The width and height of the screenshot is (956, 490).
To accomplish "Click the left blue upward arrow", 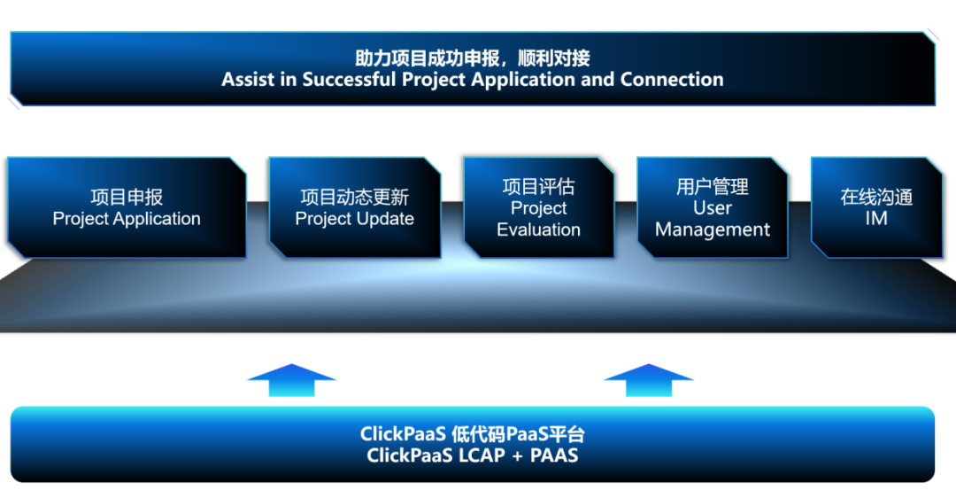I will click(291, 380).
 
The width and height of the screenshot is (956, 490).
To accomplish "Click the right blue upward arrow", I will click(648, 380).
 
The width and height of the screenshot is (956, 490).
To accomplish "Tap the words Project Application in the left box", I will click(127, 219).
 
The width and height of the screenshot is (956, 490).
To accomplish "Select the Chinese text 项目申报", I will click(127, 197).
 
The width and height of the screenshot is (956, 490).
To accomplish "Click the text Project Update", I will click(354, 219).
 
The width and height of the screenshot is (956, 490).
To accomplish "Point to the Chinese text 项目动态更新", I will click(354, 197).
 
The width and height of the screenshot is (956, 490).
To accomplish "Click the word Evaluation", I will click(538, 229).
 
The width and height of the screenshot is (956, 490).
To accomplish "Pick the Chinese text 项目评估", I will click(538, 186).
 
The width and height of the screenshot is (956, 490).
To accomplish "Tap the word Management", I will click(713, 229).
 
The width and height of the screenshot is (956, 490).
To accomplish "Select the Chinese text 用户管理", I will click(713, 186).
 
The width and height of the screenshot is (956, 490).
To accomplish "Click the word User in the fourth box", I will click(713, 208).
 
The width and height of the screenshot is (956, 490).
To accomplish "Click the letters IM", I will click(876, 219).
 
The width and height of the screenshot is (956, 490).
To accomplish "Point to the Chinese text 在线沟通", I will click(876, 197).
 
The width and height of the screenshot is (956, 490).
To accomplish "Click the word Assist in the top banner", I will click(248, 80).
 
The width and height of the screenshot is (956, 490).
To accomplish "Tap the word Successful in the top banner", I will click(350, 80).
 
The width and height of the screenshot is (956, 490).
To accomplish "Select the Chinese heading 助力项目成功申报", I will click(420, 58).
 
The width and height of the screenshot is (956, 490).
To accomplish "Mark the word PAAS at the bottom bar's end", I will click(555, 456).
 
